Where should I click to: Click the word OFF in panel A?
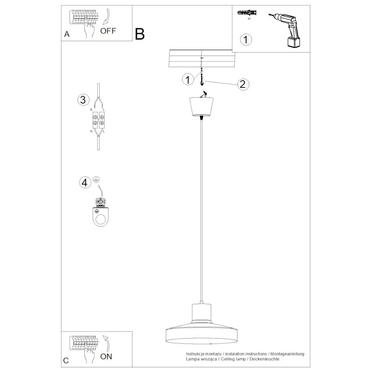pos(108,31)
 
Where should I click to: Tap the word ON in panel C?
pos(106,356)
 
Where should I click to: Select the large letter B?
pos(140,34)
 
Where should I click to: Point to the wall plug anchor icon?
pos(247,13)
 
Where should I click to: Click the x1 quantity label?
pos(249,19)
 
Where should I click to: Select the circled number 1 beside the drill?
pos(246,40)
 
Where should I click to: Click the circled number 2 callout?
pos(243,84)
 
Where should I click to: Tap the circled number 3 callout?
pos(83,100)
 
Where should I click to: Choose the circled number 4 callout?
pos(85,182)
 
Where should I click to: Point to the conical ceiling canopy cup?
pos(201,107)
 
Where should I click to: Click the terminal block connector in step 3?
pos(99,120)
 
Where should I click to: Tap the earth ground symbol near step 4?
pos(96,179)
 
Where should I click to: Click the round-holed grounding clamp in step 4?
pos(100,216)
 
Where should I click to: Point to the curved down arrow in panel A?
pos(106,17)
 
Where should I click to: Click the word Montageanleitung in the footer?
pos(287,354)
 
